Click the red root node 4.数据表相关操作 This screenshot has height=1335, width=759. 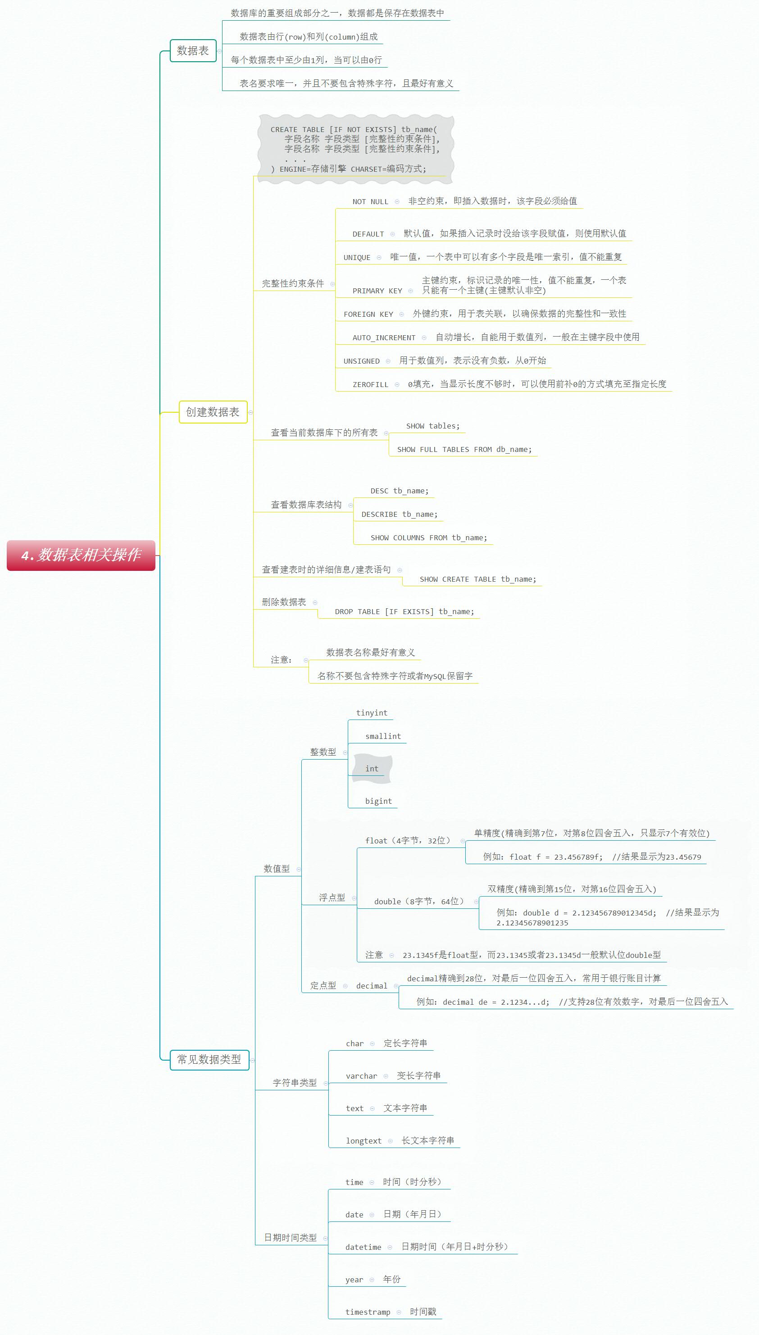[81, 555]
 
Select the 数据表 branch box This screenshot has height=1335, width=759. [193, 50]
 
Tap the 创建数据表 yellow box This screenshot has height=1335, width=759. [213, 412]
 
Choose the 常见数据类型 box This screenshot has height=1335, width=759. [209, 1059]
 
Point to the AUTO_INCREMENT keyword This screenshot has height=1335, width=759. [384, 338]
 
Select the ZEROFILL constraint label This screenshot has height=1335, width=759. [370, 385]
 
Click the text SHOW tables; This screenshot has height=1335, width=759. [433, 426]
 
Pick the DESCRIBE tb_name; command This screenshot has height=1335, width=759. [399, 515]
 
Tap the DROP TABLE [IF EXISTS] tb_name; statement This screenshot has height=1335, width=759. [404, 611]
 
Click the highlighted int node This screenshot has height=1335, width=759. [372, 768]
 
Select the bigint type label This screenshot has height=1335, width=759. [378, 801]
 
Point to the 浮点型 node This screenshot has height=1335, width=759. [332, 898]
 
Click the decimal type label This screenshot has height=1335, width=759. [372, 986]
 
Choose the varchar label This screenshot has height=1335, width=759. [361, 1076]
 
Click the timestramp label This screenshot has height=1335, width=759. [368, 1312]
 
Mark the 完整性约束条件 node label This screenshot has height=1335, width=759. [292, 283]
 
